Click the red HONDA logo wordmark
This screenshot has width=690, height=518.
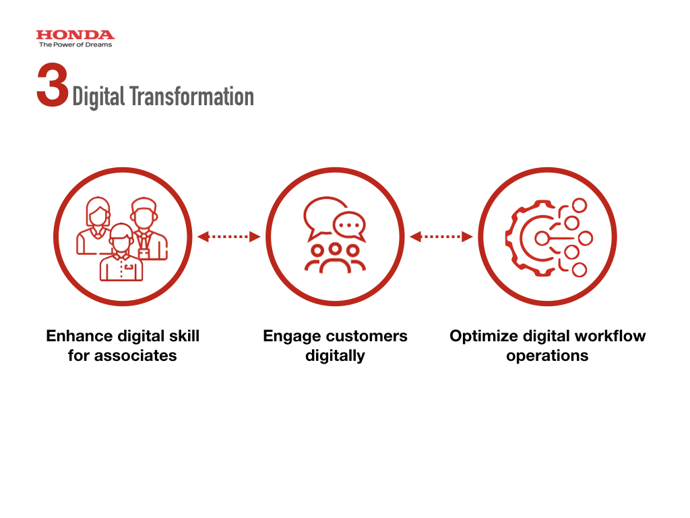[x=75, y=35]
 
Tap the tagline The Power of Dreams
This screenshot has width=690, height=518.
[x=75, y=45]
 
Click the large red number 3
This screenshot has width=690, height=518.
[x=53, y=85]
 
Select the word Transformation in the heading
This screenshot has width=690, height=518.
[x=192, y=96]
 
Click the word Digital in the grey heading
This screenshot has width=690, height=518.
[x=98, y=97]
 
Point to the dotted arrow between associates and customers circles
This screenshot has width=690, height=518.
[x=229, y=237]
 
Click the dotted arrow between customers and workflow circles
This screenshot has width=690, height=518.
[x=441, y=237]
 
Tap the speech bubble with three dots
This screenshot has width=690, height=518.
[x=350, y=226]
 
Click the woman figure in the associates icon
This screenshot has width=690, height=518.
[x=95, y=225]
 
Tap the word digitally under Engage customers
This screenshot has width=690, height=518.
[x=336, y=356]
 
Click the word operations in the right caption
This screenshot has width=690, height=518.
[x=547, y=356]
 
